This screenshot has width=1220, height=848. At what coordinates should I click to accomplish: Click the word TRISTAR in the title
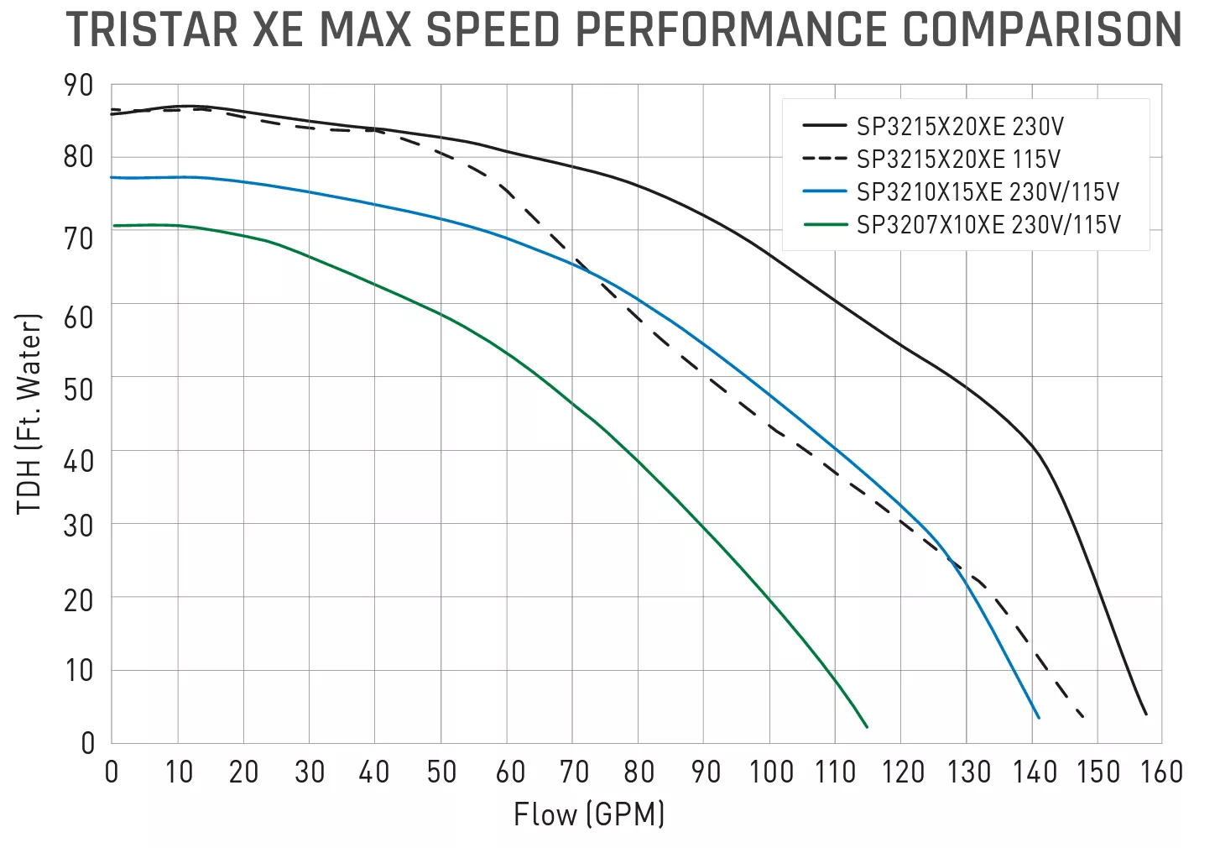152,30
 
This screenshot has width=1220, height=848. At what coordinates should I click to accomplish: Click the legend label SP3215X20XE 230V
960,127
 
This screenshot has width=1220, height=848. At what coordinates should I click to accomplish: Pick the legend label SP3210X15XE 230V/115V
988,192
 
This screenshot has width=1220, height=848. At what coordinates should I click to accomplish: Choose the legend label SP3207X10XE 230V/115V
988,225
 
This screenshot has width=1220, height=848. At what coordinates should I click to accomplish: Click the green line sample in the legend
825,225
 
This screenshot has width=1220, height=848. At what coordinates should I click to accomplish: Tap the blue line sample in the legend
825,192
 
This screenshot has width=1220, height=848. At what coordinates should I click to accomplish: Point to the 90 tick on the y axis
79,85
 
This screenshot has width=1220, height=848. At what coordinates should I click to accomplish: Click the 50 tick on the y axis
79,390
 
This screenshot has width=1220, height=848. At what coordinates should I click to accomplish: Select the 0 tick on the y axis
87,743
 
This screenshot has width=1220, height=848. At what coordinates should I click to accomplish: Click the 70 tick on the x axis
575,772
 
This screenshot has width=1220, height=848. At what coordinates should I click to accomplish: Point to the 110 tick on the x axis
835,772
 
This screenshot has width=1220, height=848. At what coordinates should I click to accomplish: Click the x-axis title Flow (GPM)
589,814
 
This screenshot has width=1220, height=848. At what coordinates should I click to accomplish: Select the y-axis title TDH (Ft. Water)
29,414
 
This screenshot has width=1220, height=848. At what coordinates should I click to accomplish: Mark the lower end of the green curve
867,726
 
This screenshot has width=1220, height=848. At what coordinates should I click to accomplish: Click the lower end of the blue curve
1039,717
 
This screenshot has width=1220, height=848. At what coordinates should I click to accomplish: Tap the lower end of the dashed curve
1083,716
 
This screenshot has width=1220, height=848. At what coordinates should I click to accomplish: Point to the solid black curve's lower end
1146,714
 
